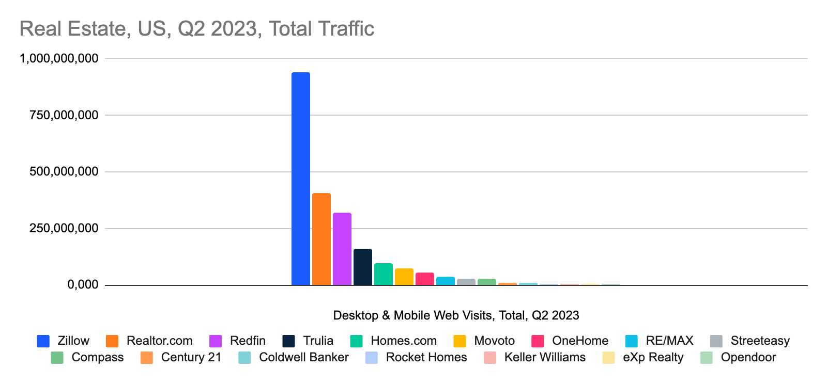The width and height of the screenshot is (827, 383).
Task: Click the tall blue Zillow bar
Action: (300, 178)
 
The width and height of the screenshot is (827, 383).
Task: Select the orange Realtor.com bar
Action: (321, 239)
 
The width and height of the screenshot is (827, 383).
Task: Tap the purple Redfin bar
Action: (342, 249)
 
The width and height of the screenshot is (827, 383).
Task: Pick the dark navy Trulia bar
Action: (362, 267)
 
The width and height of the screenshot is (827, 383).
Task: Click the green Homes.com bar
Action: (383, 274)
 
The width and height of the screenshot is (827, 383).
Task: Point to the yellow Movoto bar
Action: (404, 277)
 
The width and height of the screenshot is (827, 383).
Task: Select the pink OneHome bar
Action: (424, 279)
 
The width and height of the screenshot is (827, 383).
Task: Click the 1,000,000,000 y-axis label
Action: (58, 58)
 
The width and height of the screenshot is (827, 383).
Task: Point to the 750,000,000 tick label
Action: (64, 115)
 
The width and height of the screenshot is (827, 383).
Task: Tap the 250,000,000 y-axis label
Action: (64, 228)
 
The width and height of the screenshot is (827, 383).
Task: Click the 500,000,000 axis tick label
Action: (64, 171)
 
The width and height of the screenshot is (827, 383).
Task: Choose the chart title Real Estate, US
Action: (196, 28)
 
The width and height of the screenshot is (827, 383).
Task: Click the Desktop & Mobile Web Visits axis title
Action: (456, 315)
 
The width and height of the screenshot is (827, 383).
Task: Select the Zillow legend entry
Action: (73, 341)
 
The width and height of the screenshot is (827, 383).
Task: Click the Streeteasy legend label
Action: (760, 341)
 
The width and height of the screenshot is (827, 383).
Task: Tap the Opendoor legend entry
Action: (748, 357)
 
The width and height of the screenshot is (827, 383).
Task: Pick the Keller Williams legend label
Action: (545, 357)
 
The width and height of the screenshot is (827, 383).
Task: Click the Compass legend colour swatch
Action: (57, 357)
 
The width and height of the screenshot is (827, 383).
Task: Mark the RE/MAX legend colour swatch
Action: (631, 341)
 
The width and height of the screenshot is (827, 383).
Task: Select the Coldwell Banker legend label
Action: (303, 357)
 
